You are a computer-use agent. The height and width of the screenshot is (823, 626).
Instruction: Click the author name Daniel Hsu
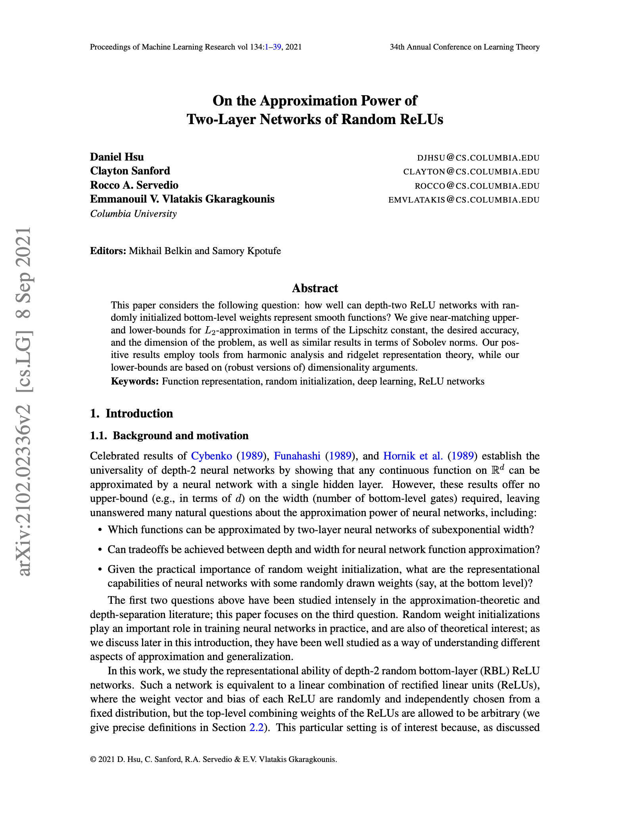117,157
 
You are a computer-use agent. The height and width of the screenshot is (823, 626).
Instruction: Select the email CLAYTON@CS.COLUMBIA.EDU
471,172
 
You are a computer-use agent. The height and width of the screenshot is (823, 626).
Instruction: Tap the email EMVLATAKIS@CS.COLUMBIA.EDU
464,200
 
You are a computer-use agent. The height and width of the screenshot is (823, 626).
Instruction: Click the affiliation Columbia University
133,214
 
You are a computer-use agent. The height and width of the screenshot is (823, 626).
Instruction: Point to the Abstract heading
315,288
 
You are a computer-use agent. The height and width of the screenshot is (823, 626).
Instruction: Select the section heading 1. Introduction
131,413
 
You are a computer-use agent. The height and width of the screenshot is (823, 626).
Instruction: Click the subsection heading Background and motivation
181,436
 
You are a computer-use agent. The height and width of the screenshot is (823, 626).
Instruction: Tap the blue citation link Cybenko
211,456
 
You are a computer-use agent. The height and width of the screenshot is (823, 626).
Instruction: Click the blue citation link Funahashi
297,456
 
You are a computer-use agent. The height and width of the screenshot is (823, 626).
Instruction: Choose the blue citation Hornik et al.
413,456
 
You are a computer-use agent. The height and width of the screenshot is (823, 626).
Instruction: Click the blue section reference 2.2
256,727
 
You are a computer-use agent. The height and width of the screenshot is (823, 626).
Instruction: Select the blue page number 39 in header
277,47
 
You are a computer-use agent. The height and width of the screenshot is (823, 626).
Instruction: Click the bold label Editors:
108,251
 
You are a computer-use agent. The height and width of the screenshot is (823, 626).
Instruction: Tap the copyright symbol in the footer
93,760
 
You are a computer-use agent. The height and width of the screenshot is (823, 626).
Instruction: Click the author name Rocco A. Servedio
134,185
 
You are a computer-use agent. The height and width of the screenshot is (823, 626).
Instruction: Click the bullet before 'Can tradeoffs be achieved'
100,550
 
